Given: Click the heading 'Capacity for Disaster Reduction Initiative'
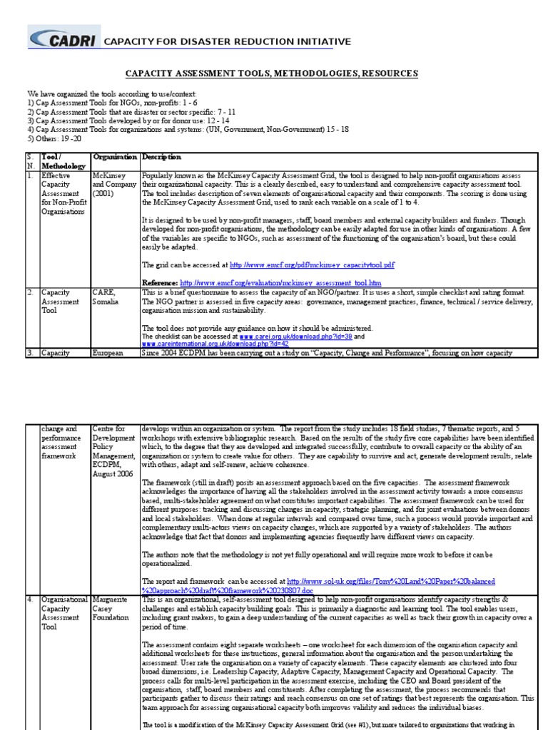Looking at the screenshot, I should coord(218,42).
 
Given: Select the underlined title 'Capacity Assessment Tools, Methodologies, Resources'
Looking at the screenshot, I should coord(272,73).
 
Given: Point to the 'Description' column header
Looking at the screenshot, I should coord(161,157).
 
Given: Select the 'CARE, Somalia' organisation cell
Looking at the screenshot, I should coord(107,297).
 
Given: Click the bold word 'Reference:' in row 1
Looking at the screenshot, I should coord(160,282).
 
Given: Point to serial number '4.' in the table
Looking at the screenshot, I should coord(31,600).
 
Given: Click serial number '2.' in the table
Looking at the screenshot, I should coord(31,292).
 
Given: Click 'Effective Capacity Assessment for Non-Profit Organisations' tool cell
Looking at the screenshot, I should coord(63,192).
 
